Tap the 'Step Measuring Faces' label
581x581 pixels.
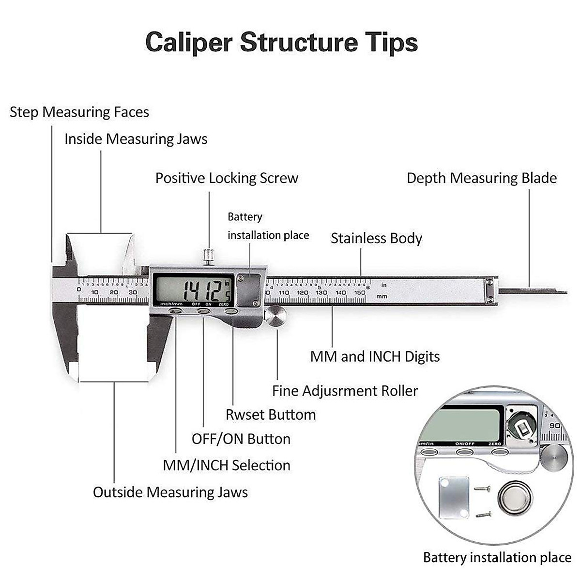[x=79, y=112]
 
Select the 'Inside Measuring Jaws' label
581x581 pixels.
[x=136, y=139]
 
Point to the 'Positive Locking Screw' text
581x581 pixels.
[x=227, y=178]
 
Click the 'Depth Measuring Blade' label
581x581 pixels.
[x=481, y=178]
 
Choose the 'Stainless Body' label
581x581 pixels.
[x=376, y=238]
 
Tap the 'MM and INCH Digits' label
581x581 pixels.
[x=375, y=357]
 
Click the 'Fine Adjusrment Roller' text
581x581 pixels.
[x=345, y=391]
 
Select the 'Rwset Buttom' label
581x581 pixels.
[x=271, y=415]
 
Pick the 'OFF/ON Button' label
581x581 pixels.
[x=241, y=439]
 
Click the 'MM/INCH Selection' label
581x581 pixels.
[x=227, y=465]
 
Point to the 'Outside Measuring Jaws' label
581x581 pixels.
[x=170, y=492]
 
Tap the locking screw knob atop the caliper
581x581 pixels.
[x=209, y=255]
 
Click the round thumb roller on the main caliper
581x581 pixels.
[x=275, y=316]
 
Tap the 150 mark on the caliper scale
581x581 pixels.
[x=359, y=293]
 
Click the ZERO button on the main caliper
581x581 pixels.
[x=231, y=311]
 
